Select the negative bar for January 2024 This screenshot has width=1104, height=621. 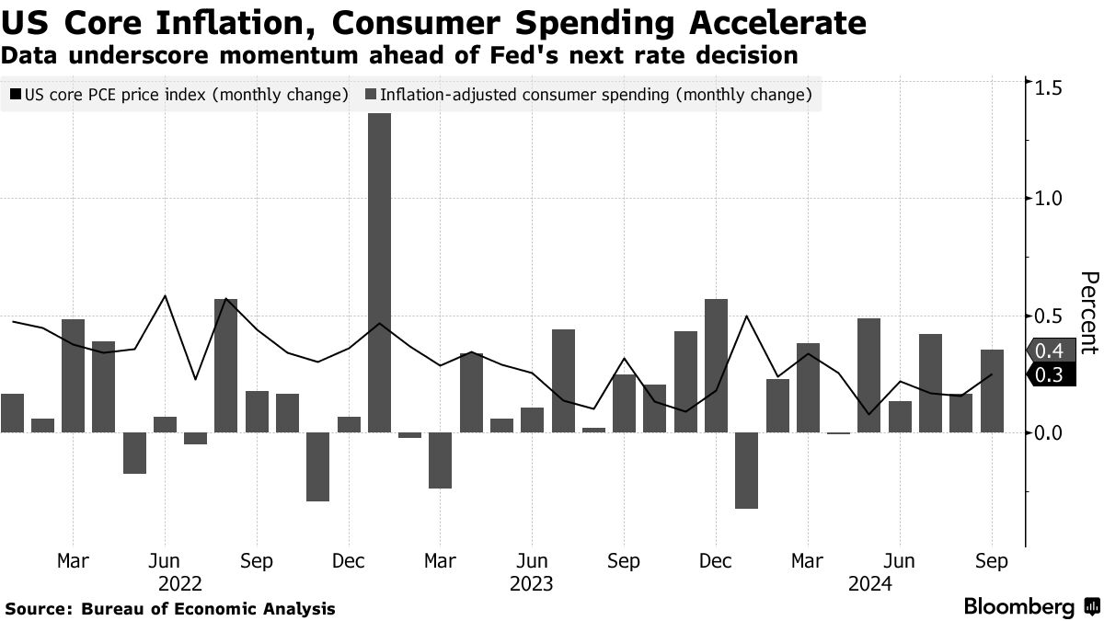[x=746, y=470]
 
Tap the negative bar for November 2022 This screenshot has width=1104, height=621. [x=318, y=466]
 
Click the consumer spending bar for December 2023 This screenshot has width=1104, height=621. [x=716, y=365]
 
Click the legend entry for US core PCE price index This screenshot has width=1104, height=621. [x=178, y=95]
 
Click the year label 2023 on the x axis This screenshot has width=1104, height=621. [x=531, y=583]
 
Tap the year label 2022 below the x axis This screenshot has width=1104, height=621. [x=180, y=583]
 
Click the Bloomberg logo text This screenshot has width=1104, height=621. [x=1019, y=607]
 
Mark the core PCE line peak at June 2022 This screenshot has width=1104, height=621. [x=165, y=296]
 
